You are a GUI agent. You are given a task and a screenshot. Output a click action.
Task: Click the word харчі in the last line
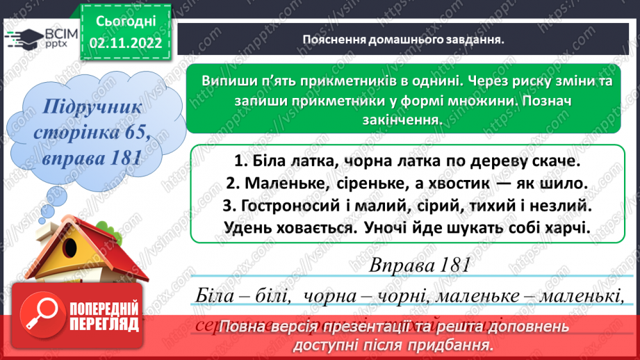click(562, 227)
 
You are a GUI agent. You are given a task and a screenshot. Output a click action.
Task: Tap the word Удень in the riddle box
click(247, 227)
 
